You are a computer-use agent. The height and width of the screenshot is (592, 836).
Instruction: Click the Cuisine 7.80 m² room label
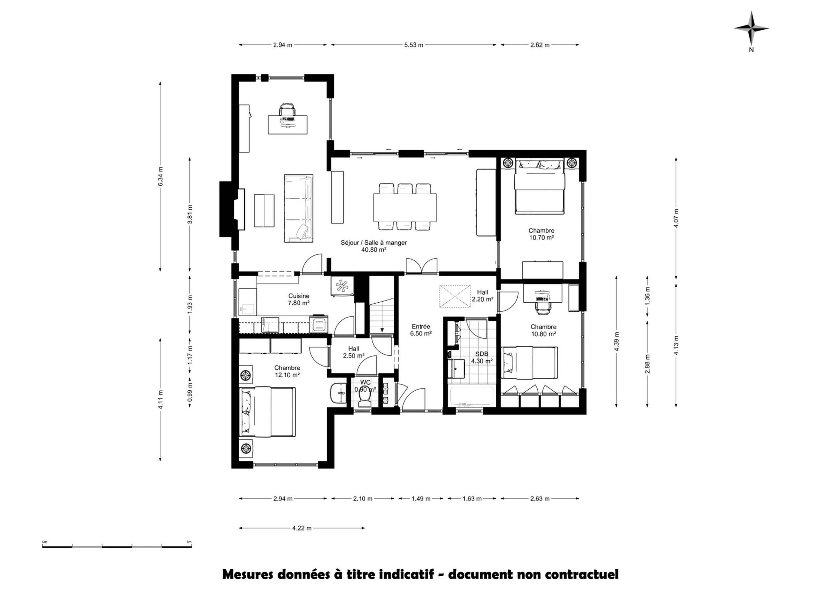(299, 299)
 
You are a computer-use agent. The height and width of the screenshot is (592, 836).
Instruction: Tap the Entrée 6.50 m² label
(421, 330)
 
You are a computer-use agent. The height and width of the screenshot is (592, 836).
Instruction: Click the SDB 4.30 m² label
(482, 358)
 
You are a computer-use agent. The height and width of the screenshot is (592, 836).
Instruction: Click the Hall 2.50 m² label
(353, 352)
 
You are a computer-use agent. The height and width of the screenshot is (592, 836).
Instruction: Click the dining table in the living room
(405, 207)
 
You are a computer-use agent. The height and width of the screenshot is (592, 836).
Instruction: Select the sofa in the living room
(298, 208)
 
